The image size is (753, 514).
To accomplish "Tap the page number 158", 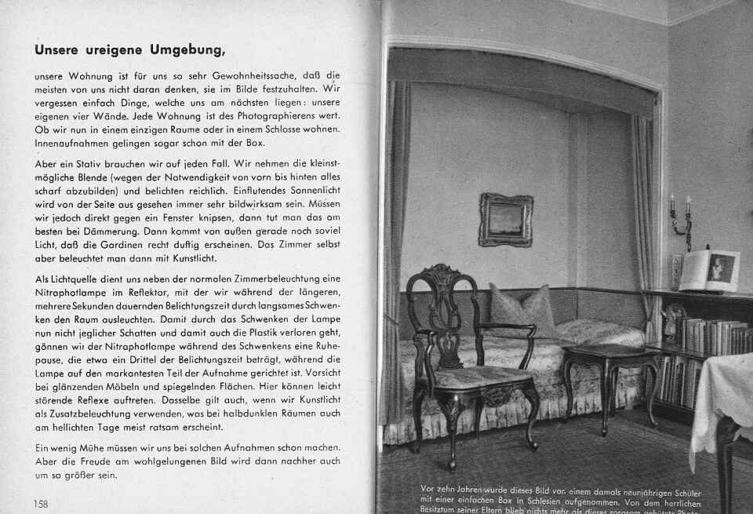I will (41, 503).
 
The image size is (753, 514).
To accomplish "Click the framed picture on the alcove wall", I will (506, 220).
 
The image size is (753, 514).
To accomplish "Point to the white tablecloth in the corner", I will (722, 400).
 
